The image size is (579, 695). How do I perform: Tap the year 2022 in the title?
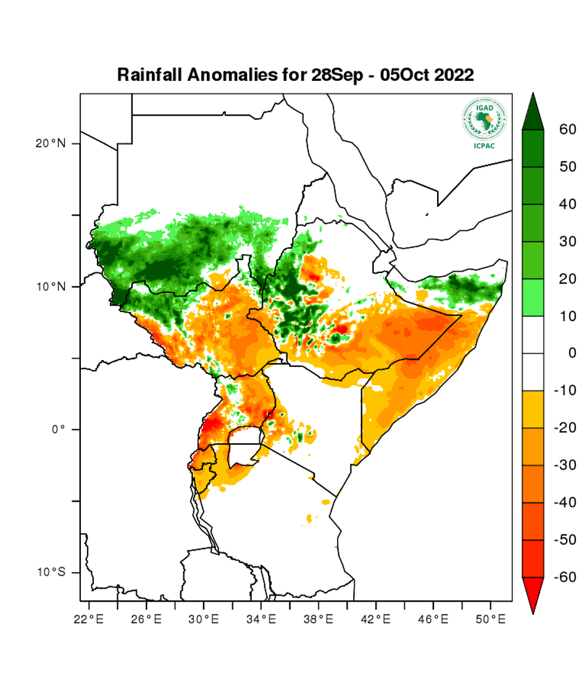[454, 75]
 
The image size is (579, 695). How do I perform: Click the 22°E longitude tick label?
[88, 618]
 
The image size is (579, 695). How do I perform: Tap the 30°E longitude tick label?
[204, 618]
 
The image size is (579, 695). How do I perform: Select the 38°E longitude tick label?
[319, 618]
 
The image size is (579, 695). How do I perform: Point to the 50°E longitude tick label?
[491, 618]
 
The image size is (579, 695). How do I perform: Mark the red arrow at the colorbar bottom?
[533, 594]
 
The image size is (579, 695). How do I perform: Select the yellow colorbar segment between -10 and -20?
[533, 409]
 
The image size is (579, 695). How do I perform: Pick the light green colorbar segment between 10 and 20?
[533, 297]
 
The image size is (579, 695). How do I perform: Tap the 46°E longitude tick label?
[433, 618]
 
